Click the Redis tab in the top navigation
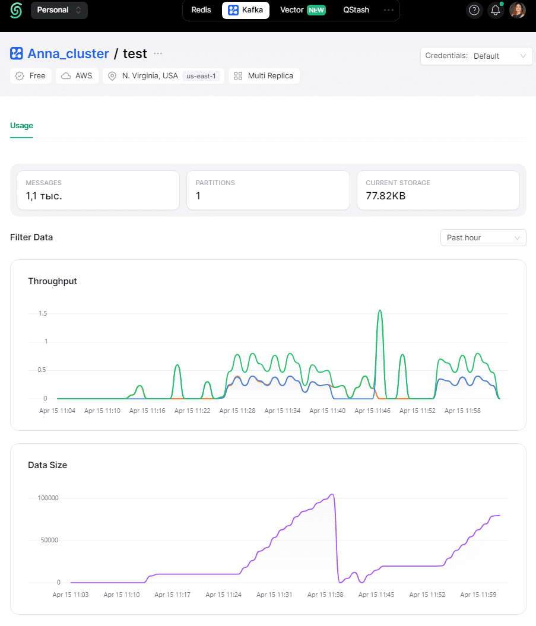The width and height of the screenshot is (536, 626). tap(201, 10)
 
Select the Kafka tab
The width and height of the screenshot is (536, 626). tap(246, 10)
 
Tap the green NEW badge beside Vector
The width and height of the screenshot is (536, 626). tap(316, 10)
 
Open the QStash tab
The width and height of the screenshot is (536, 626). tap(356, 10)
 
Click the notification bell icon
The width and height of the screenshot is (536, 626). tap(495, 10)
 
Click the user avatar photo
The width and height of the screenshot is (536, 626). tap(517, 10)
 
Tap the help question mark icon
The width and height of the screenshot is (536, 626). tap(474, 10)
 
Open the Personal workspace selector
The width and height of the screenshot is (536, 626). tap(59, 10)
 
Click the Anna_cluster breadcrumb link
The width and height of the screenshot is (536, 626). tap(68, 53)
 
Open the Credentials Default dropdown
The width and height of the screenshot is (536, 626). tap(476, 56)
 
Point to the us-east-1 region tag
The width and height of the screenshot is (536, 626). tap(201, 76)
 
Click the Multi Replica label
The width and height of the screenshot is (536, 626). tap(271, 76)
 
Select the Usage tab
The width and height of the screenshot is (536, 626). tap(21, 125)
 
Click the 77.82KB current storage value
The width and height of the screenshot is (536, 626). tap(385, 196)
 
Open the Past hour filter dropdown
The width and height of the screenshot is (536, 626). tap(483, 237)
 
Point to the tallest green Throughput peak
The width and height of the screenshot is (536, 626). tap(380, 310)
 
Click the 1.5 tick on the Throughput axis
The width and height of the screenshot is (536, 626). tap(43, 313)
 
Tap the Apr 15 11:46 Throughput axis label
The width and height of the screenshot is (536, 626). tap(372, 411)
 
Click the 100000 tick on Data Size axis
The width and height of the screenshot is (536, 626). tap(48, 498)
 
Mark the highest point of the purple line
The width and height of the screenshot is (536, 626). tap(333, 495)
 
